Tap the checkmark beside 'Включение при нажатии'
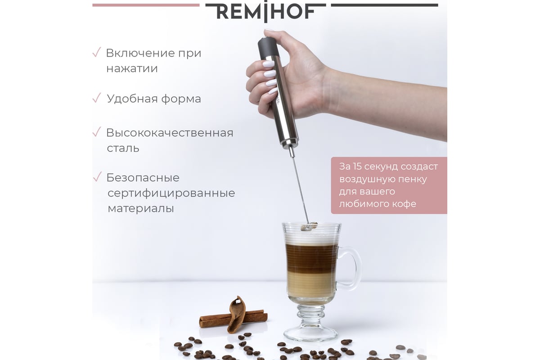click(x=96, y=52)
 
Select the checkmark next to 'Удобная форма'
click(x=96, y=98)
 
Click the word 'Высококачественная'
click(x=170, y=133)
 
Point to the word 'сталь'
click(x=123, y=148)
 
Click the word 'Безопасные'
click(x=143, y=178)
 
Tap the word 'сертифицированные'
click(x=171, y=193)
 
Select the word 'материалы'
click(x=141, y=208)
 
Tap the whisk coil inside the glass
click(x=309, y=227)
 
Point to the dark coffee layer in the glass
click(x=311, y=258)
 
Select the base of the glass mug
click(x=310, y=333)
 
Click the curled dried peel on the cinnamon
click(x=236, y=315)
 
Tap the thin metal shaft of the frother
click(x=300, y=188)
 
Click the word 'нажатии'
click(x=132, y=68)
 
